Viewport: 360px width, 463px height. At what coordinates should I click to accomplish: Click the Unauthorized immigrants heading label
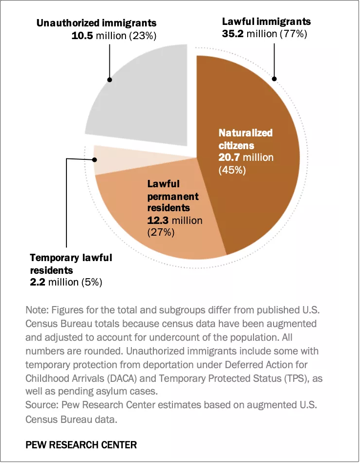coord(96,23)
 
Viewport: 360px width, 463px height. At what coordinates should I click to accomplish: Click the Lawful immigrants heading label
coord(266,22)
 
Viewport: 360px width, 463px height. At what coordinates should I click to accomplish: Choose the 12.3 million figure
coord(174,220)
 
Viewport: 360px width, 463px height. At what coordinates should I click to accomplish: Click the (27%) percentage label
coord(161,233)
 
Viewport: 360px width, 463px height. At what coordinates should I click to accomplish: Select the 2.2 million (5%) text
coord(66,282)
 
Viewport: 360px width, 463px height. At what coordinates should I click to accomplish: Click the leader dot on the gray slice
coord(110,79)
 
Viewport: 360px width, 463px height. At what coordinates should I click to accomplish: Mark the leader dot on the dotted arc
coord(275,79)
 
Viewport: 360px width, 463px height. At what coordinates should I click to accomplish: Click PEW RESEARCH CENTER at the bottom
coord(81,445)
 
